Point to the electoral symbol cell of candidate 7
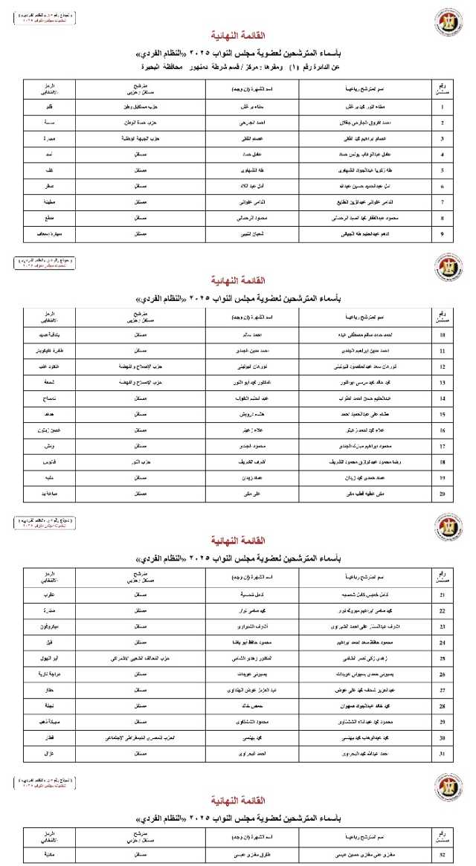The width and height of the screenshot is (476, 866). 49,202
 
